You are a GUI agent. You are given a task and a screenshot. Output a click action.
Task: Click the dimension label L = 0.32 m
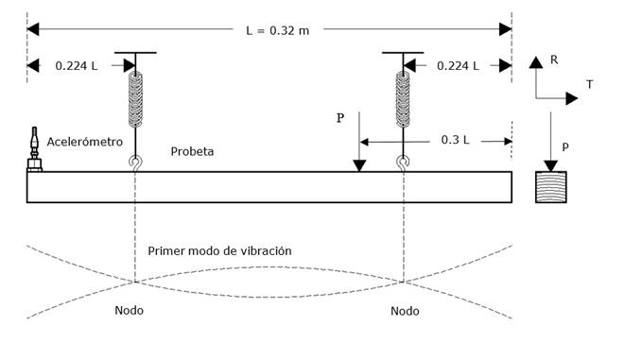[277, 30]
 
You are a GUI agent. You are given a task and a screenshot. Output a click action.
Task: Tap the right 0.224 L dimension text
[458, 65]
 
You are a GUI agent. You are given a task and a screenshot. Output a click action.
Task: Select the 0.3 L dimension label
[458, 140]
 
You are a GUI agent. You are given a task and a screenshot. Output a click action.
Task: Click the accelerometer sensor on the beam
[35, 150]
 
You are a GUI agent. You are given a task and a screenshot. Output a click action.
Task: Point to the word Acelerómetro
[85, 142]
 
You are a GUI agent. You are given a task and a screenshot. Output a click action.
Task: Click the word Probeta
[192, 151]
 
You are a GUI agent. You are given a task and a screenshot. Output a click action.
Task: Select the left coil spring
[135, 100]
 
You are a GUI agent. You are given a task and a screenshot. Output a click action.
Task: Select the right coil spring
[404, 100]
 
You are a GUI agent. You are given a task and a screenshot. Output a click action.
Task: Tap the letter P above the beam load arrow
[340, 119]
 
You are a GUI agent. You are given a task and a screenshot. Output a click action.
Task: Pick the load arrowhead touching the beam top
[359, 166]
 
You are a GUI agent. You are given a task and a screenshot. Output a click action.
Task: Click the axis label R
[554, 60]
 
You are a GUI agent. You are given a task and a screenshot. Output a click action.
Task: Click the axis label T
[590, 84]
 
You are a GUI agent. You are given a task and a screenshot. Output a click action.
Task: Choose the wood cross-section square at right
[551, 186]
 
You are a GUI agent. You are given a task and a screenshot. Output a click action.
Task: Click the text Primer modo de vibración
[219, 251]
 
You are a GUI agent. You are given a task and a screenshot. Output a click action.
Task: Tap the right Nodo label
[405, 311]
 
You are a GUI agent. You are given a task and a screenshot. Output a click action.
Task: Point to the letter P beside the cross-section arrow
[565, 147]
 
